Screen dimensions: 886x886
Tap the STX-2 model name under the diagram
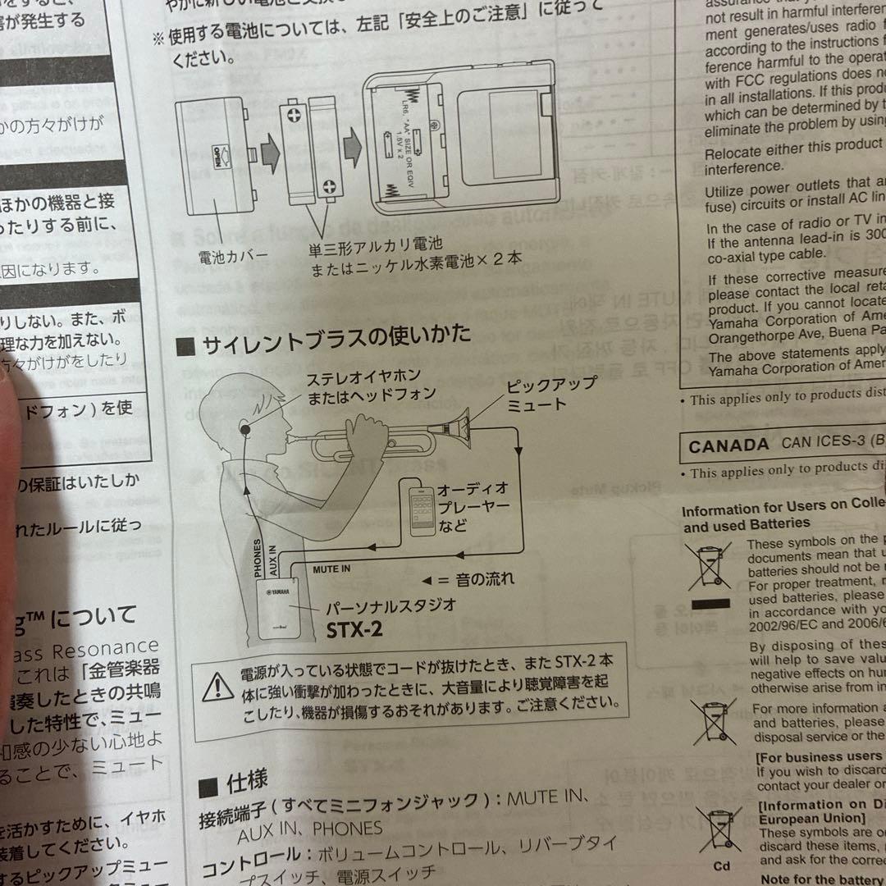pos(354,630)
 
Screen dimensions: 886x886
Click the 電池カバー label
pos(233,257)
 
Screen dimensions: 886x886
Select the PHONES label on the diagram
pos(258,559)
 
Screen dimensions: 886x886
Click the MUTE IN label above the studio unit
pos(331,568)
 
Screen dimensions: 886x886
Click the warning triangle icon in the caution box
pos(217,684)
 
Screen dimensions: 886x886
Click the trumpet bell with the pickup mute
pos(455,427)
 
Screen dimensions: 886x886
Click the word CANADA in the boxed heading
pos(728,446)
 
